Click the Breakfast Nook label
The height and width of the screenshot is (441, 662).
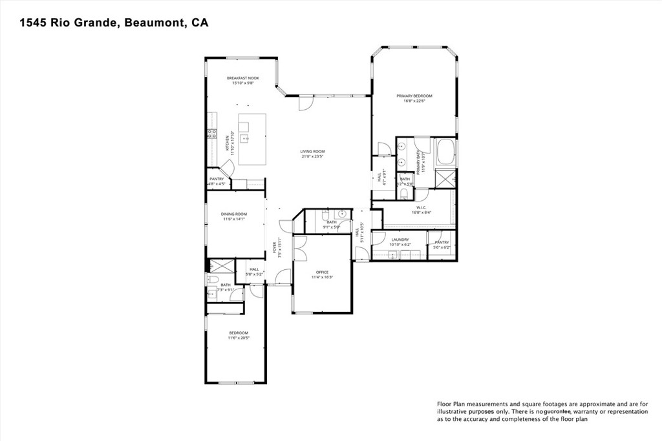click(242, 77)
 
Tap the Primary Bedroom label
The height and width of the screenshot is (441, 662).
click(414, 96)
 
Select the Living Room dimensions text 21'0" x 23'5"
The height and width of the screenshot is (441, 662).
click(312, 156)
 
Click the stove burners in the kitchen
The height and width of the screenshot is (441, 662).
click(211, 134)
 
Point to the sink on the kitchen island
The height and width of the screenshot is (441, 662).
click(245, 138)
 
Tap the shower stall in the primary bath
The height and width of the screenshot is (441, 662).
click(446, 178)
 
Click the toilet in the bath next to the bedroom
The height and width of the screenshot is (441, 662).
click(212, 279)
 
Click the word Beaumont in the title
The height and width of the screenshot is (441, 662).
click(153, 23)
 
